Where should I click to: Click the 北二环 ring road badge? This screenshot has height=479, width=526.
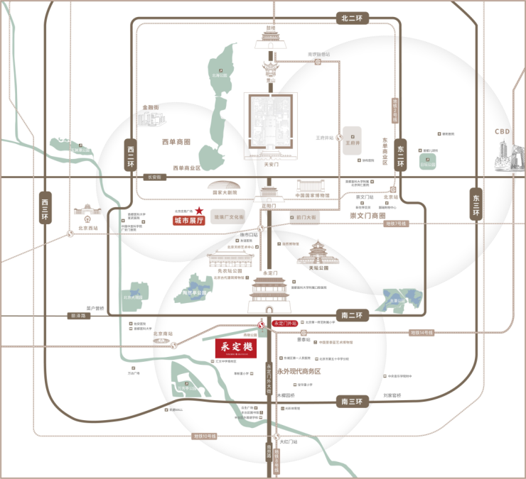353,19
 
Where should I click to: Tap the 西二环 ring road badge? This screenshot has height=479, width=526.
131,155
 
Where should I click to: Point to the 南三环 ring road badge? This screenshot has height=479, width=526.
353,402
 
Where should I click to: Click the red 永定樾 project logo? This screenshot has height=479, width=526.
235,348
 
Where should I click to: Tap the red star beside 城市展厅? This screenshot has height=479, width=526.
200,211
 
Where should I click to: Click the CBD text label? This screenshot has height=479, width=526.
503,132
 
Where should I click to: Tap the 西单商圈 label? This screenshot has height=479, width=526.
176,143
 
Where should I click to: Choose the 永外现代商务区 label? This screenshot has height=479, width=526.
299,371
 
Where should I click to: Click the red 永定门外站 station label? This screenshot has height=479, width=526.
285,323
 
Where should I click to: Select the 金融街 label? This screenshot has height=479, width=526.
151,107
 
